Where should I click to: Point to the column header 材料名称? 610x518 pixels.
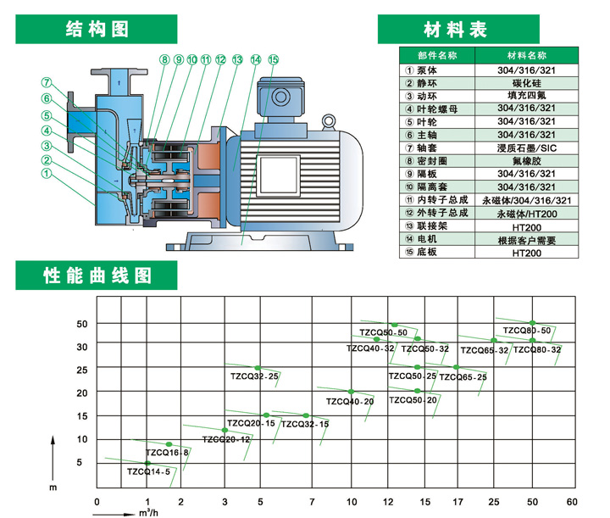point(526,57)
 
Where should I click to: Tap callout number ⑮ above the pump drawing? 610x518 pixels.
point(273,59)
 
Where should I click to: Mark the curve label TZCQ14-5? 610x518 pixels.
point(149,471)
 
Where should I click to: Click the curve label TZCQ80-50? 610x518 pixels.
point(527,331)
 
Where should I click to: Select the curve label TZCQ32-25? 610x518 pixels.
point(254,376)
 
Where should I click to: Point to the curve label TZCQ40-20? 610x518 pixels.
point(350,401)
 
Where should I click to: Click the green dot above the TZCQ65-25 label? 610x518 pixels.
point(456,367)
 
